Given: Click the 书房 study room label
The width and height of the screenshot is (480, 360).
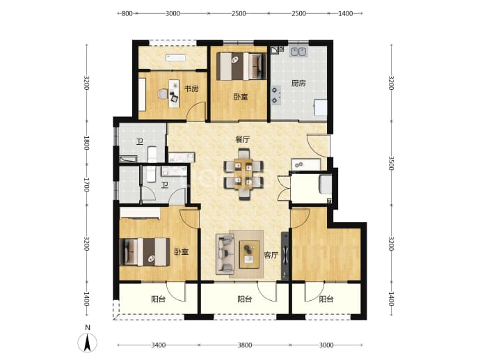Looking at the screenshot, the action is [x=191, y=89].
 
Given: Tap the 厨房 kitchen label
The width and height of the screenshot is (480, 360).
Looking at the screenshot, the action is [x=298, y=83].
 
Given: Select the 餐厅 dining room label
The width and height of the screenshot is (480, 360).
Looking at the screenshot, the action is [x=243, y=140].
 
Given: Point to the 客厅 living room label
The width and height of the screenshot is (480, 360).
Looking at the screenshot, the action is [x=271, y=256].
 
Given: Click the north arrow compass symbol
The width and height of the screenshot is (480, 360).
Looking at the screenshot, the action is [x=87, y=342].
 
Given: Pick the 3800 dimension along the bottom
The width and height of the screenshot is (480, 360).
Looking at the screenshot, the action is [x=245, y=345].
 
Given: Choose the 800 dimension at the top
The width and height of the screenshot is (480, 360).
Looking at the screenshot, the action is [x=127, y=13].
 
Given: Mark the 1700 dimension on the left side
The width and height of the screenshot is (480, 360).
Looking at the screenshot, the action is [x=87, y=185].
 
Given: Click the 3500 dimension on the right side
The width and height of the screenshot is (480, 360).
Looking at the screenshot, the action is [x=391, y=163].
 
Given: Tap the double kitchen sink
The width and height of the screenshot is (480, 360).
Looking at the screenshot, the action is [x=298, y=52].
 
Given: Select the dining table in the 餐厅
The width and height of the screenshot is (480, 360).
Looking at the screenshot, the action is [x=243, y=174].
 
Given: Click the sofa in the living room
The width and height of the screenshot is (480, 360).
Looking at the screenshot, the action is [x=225, y=253].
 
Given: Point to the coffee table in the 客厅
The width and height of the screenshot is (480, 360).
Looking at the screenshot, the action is [x=249, y=254].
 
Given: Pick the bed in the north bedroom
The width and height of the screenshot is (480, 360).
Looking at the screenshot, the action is [x=239, y=66].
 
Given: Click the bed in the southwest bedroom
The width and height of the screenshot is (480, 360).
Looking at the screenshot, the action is [x=145, y=252].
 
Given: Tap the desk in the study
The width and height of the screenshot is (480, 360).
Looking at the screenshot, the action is [x=174, y=93].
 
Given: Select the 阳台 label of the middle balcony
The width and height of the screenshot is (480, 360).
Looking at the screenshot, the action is [x=245, y=299].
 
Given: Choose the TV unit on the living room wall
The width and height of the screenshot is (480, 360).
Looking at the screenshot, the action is [x=285, y=256].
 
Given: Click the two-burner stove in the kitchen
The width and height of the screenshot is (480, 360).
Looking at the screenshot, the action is [x=275, y=95].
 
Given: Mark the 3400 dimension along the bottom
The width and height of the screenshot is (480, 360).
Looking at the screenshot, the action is [x=159, y=345].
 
